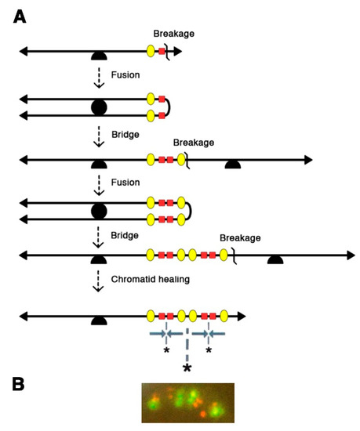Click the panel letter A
tap(21, 15)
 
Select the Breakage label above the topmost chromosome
tap(174, 33)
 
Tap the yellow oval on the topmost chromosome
tap(151, 52)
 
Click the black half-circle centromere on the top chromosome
tap(100, 55)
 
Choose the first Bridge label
tap(123, 135)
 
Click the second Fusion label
tap(123, 183)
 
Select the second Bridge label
tap(123, 235)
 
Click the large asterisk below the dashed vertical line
tap(187, 367)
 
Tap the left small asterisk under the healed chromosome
tap(166, 351)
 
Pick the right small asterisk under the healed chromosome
tap(209, 351)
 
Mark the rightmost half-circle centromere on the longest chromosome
tap(275, 259)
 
